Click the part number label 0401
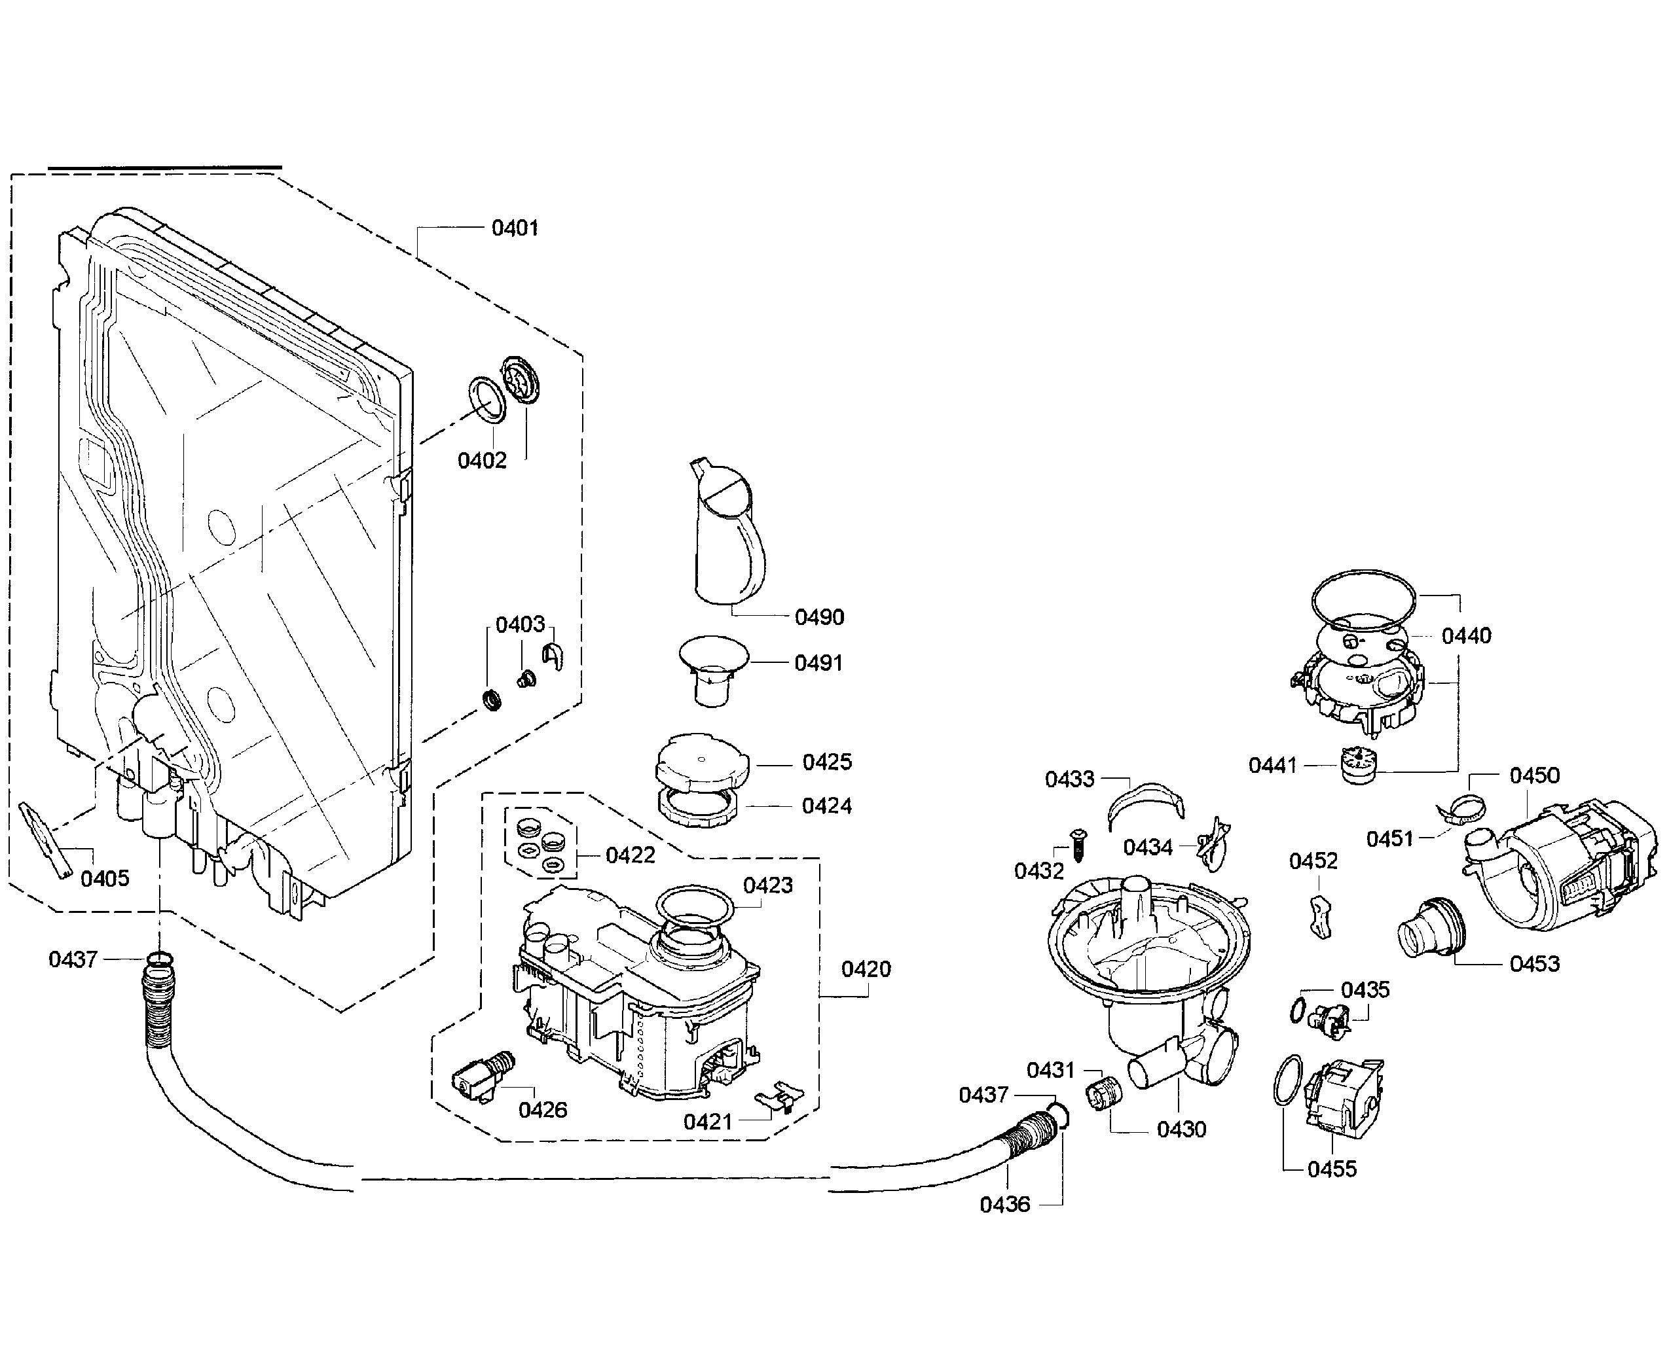coord(515,228)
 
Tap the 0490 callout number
coord(819,618)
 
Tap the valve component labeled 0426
coord(483,1075)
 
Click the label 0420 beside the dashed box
coord(866,970)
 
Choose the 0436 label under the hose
coord(1004,1205)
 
